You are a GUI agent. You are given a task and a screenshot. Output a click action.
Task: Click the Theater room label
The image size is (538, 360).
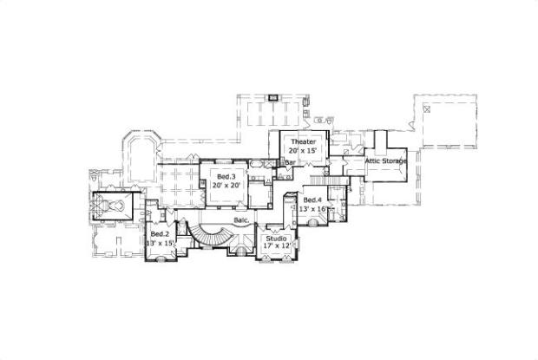303,141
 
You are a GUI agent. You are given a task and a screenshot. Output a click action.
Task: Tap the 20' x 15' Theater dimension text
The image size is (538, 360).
303,150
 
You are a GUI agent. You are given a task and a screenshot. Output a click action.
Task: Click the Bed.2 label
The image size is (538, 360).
159,234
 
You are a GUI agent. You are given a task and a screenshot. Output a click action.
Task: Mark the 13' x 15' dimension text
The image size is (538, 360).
161,243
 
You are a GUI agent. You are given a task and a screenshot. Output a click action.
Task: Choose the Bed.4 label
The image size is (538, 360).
312,200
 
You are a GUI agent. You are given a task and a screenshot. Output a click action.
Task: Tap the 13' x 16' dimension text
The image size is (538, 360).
313,209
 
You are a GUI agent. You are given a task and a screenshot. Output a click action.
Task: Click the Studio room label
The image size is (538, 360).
277,238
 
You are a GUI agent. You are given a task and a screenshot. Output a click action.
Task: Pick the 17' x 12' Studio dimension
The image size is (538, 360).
277,246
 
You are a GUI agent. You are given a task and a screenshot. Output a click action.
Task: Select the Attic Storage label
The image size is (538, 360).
385,160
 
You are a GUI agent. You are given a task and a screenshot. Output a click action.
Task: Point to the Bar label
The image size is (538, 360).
291,162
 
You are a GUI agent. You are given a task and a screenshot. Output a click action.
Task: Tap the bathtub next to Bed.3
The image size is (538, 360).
259,163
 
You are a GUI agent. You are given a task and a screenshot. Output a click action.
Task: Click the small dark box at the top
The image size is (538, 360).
272,97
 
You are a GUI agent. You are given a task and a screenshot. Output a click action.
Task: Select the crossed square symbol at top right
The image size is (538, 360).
427,108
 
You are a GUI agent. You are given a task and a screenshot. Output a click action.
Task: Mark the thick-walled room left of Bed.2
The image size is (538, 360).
110,207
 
